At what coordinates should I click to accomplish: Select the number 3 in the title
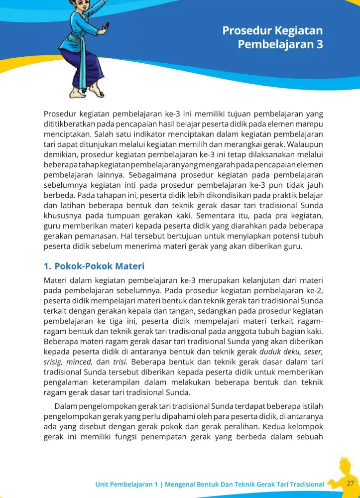[x=319, y=44]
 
